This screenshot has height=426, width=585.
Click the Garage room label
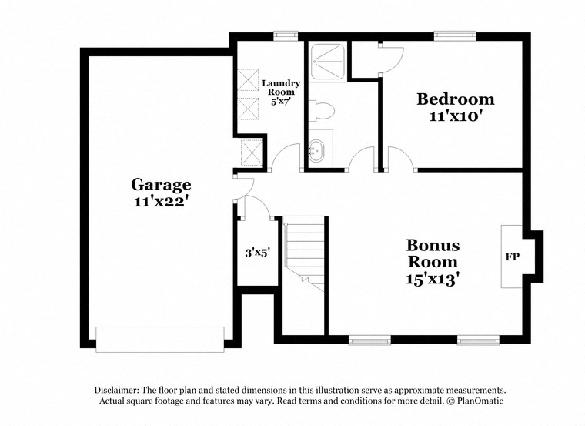click(161, 184)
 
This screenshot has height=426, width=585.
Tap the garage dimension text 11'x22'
click(161, 201)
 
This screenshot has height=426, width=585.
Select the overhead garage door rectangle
click(159, 339)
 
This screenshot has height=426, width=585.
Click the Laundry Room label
click(280, 87)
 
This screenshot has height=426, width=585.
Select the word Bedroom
click(456, 99)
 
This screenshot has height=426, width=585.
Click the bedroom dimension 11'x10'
click(456, 116)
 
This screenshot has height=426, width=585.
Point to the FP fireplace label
click(510, 257)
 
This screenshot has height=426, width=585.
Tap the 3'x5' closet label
click(256, 252)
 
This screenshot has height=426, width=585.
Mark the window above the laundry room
click(286, 35)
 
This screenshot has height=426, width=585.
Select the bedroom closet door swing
click(390, 59)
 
